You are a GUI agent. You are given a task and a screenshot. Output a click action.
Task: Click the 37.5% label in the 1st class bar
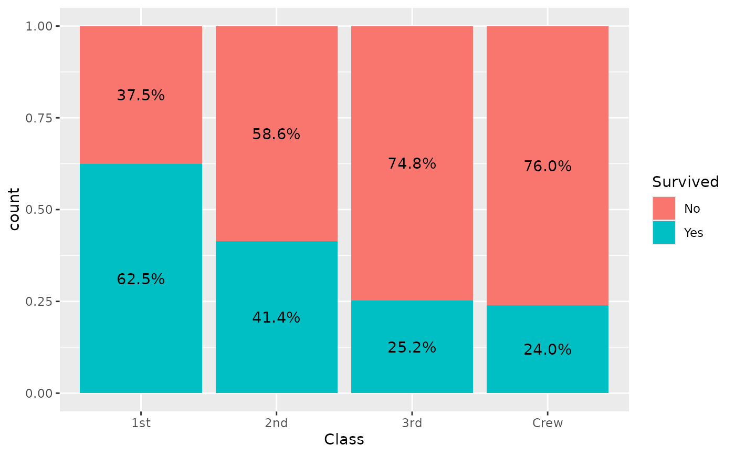(141, 96)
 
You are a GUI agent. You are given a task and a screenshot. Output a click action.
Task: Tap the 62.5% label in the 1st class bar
(141, 279)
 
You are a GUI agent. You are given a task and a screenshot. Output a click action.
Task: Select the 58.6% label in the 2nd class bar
(276, 134)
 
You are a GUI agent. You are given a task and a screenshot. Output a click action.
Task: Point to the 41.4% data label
(276, 317)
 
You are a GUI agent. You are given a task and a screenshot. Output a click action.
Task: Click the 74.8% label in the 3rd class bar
(412, 163)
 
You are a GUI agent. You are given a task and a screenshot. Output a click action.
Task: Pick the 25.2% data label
(412, 347)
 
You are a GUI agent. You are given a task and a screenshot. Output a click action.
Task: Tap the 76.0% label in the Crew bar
(547, 166)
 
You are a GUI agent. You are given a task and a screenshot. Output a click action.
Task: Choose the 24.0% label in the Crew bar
(547, 349)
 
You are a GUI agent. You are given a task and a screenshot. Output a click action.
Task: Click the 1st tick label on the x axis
(141, 423)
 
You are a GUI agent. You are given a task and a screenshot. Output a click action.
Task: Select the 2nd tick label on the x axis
(276, 423)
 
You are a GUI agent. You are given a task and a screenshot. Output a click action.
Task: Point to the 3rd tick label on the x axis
(412, 423)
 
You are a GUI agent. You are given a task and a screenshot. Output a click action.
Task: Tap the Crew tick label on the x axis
(547, 423)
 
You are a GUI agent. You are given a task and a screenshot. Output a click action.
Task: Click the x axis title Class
(344, 439)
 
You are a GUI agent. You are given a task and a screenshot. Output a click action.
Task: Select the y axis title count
(14, 209)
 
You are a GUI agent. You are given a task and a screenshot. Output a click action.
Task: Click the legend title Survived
(685, 182)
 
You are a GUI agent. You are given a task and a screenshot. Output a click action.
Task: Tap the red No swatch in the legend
(664, 209)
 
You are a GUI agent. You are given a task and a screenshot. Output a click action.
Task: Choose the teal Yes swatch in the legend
(664, 232)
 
